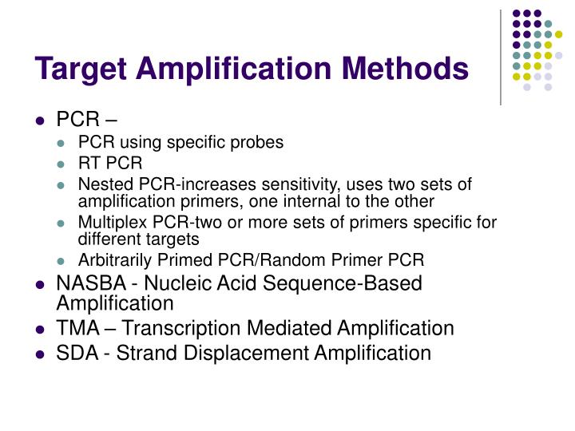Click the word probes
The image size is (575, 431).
pos(257,144)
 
